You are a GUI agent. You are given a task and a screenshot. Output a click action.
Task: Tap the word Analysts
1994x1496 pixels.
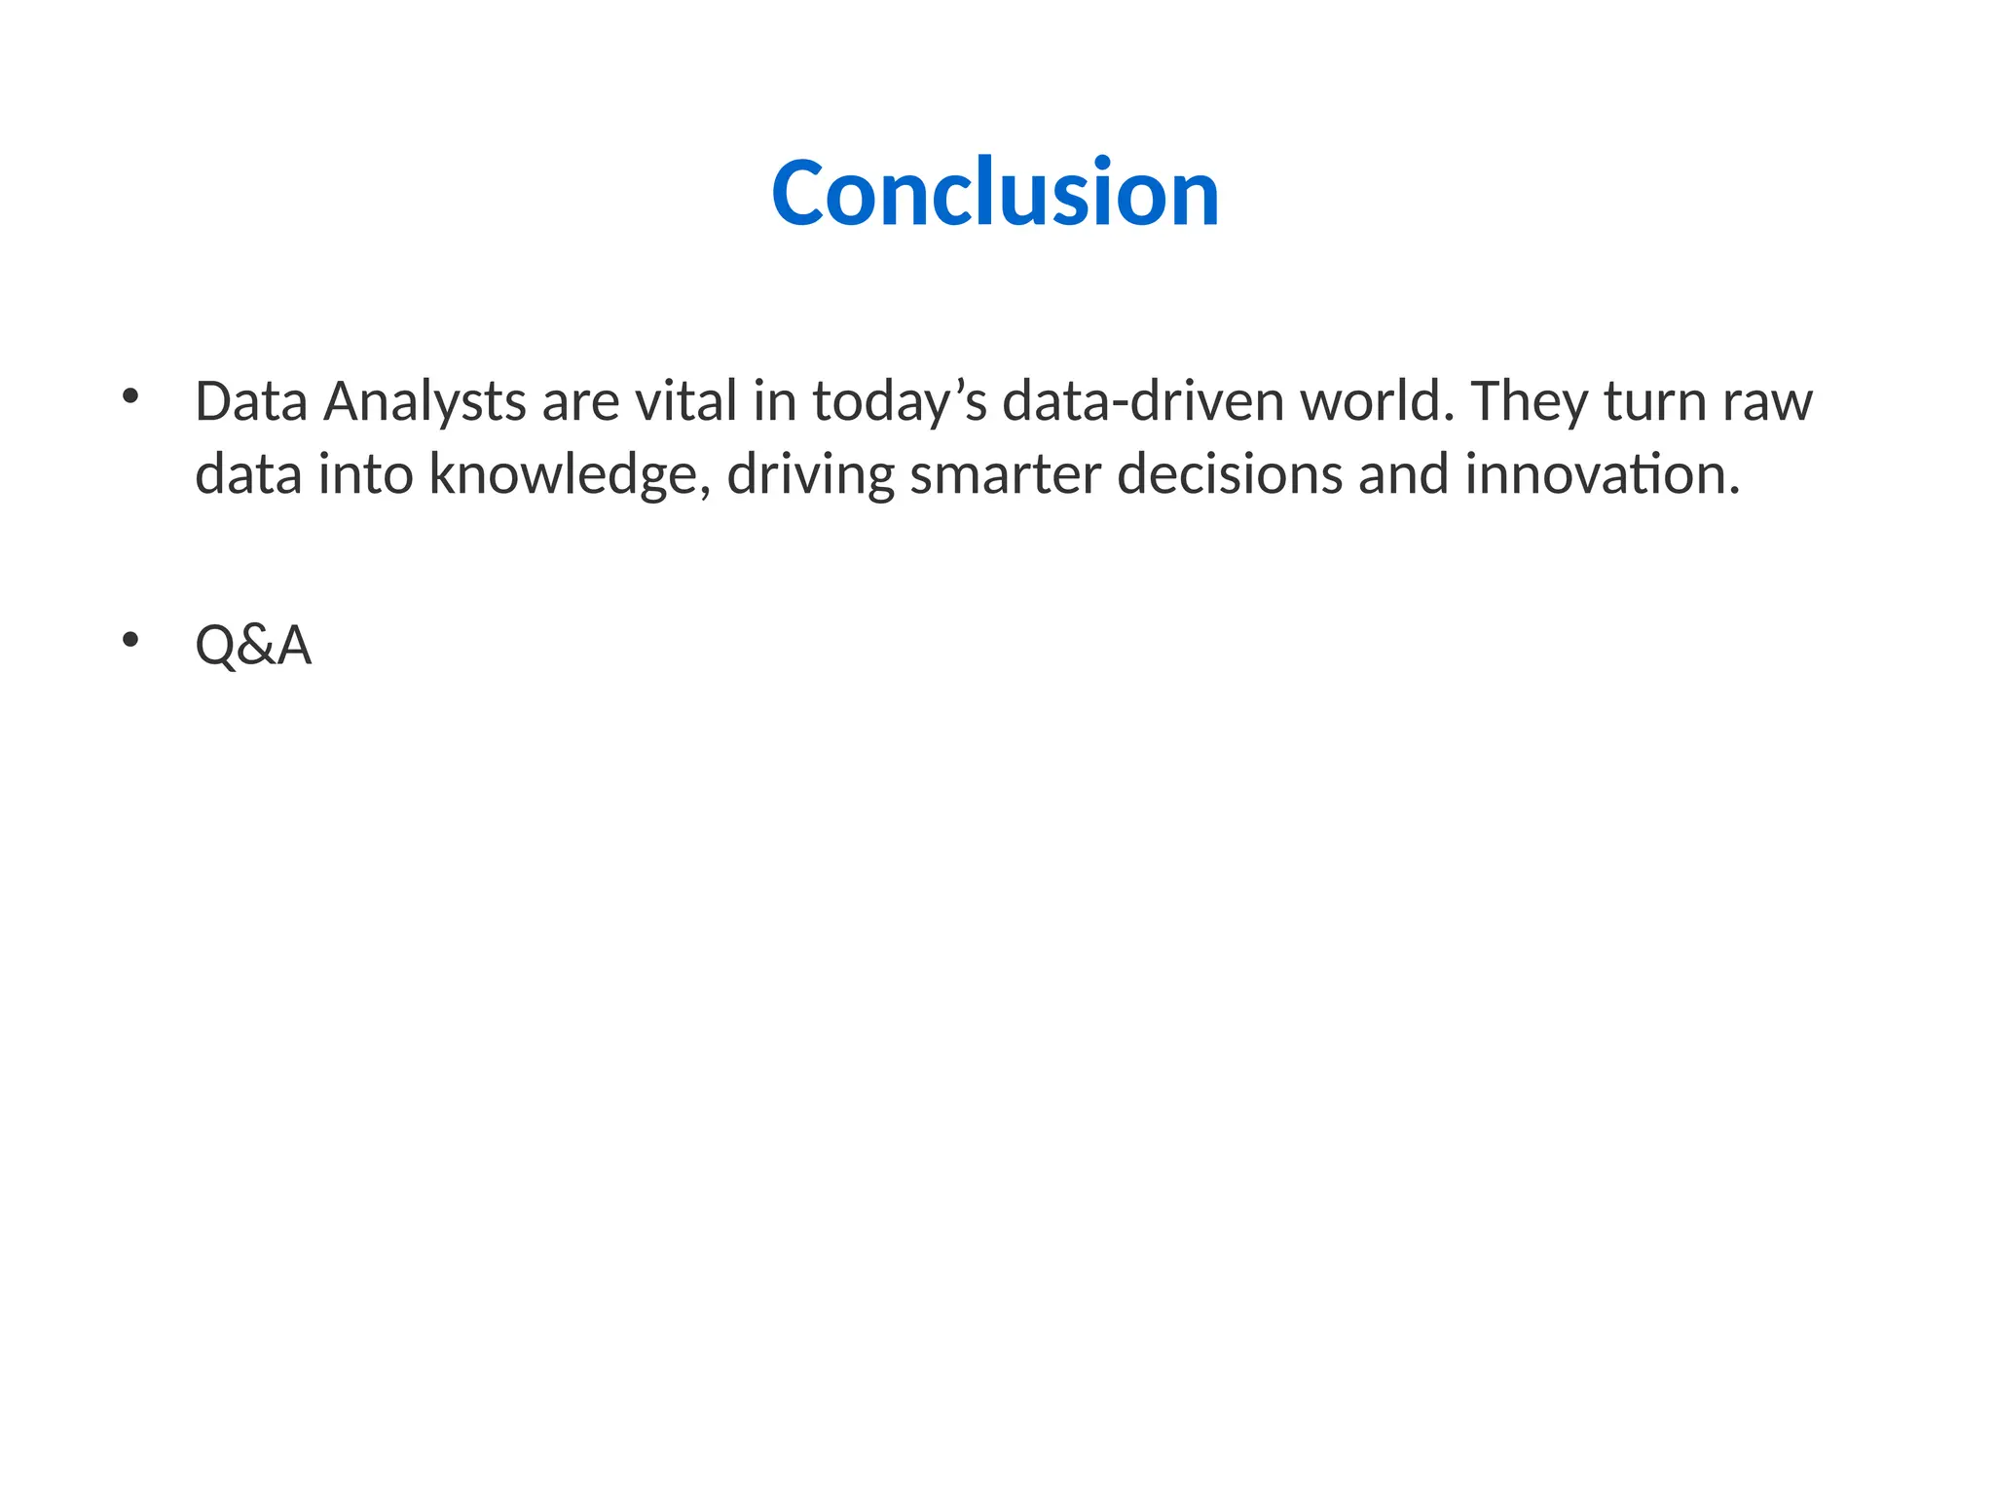coord(425,401)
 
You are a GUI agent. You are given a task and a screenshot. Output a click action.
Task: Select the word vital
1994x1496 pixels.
coord(686,401)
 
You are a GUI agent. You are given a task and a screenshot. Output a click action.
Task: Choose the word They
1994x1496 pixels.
coord(1530,401)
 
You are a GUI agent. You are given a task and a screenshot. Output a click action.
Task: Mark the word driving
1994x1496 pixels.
coord(810,474)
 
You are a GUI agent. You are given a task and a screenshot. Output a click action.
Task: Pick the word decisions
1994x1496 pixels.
coord(1230,474)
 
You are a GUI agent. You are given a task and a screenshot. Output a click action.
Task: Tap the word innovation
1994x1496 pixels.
coord(1602,474)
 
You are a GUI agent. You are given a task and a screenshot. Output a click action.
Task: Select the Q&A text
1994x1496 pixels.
coord(253,645)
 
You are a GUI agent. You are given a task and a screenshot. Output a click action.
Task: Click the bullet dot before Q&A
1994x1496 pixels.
coord(130,640)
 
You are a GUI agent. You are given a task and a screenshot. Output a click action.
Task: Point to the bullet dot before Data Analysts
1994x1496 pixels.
coord(130,396)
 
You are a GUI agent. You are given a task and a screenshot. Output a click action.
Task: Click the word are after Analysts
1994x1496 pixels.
coord(580,401)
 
